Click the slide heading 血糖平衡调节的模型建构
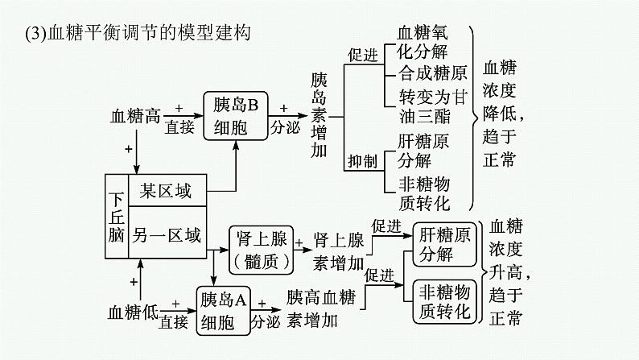[132, 33]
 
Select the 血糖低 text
[134, 311]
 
